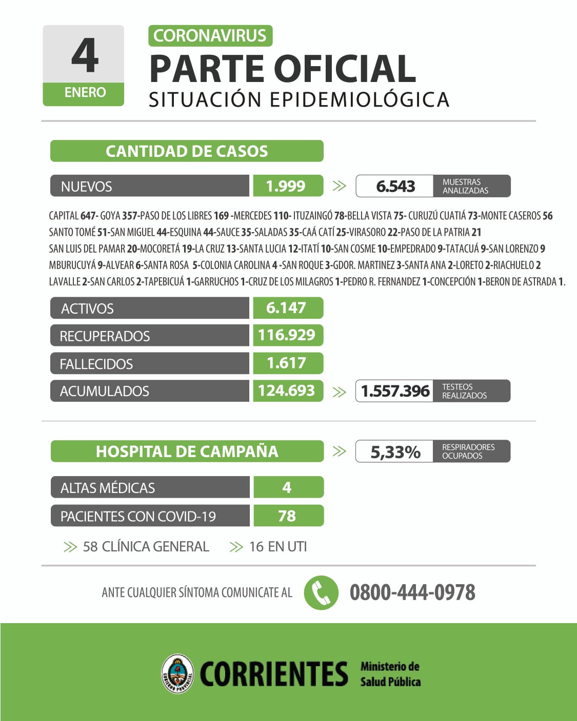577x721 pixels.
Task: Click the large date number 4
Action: coord(85,55)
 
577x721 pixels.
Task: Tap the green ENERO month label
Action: coord(85,93)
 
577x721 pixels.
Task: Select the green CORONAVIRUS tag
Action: coord(210,36)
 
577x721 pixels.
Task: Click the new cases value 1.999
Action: coord(286,186)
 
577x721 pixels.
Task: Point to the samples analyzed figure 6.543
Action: coord(395,186)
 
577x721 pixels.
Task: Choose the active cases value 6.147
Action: coord(286,308)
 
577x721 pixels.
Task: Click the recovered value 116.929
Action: coord(286,335)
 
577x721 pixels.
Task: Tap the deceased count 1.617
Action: coord(286,363)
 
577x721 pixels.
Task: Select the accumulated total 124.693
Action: coord(286,390)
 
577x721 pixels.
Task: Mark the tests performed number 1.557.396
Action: coord(395,391)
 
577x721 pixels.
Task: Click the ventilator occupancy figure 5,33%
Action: coord(395,452)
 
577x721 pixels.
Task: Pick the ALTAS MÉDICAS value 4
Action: coord(287,487)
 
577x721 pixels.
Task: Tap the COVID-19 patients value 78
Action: coord(287,516)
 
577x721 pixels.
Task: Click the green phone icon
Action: coord(321,593)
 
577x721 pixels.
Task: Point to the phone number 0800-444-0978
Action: coord(412,592)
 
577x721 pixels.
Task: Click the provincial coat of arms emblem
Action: coord(177,673)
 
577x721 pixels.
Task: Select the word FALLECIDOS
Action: coord(96,364)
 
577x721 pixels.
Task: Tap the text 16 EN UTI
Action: coord(277,547)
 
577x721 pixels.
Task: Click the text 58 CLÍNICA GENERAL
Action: coord(146,547)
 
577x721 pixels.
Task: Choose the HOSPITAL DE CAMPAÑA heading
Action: coord(187,451)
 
